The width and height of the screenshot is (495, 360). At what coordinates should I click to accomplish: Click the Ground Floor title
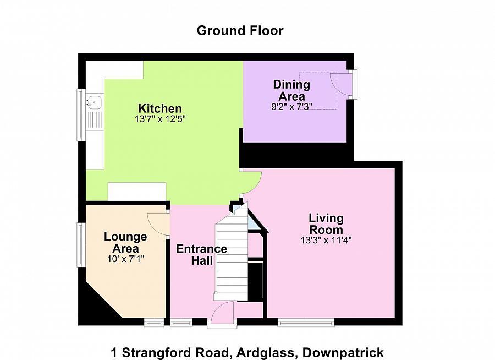pyautogui.click(x=240, y=30)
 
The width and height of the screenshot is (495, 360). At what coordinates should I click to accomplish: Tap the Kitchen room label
pyautogui.click(x=159, y=108)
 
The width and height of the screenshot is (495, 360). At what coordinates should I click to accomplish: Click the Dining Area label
pyautogui.click(x=291, y=90)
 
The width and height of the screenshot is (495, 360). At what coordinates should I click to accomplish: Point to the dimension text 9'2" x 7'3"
pyautogui.click(x=291, y=107)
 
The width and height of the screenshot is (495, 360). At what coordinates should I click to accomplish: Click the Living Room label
pyautogui.click(x=326, y=224)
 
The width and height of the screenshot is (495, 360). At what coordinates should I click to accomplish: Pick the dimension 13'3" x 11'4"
pyautogui.click(x=326, y=239)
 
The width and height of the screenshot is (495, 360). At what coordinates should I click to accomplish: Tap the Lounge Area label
pyautogui.click(x=125, y=242)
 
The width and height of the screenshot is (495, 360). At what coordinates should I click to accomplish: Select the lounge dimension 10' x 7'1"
pyautogui.click(x=125, y=258)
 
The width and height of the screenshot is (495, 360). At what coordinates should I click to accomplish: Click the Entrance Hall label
pyautogui.click(x=201, y=254)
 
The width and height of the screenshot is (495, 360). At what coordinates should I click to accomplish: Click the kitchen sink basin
pyautogui.click(x=94, y=102)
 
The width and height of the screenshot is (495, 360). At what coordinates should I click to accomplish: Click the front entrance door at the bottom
pyautogui.click(x=222, y=315)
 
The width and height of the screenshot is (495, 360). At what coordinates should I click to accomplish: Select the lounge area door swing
pyautogui.click(x=158, y=223)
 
